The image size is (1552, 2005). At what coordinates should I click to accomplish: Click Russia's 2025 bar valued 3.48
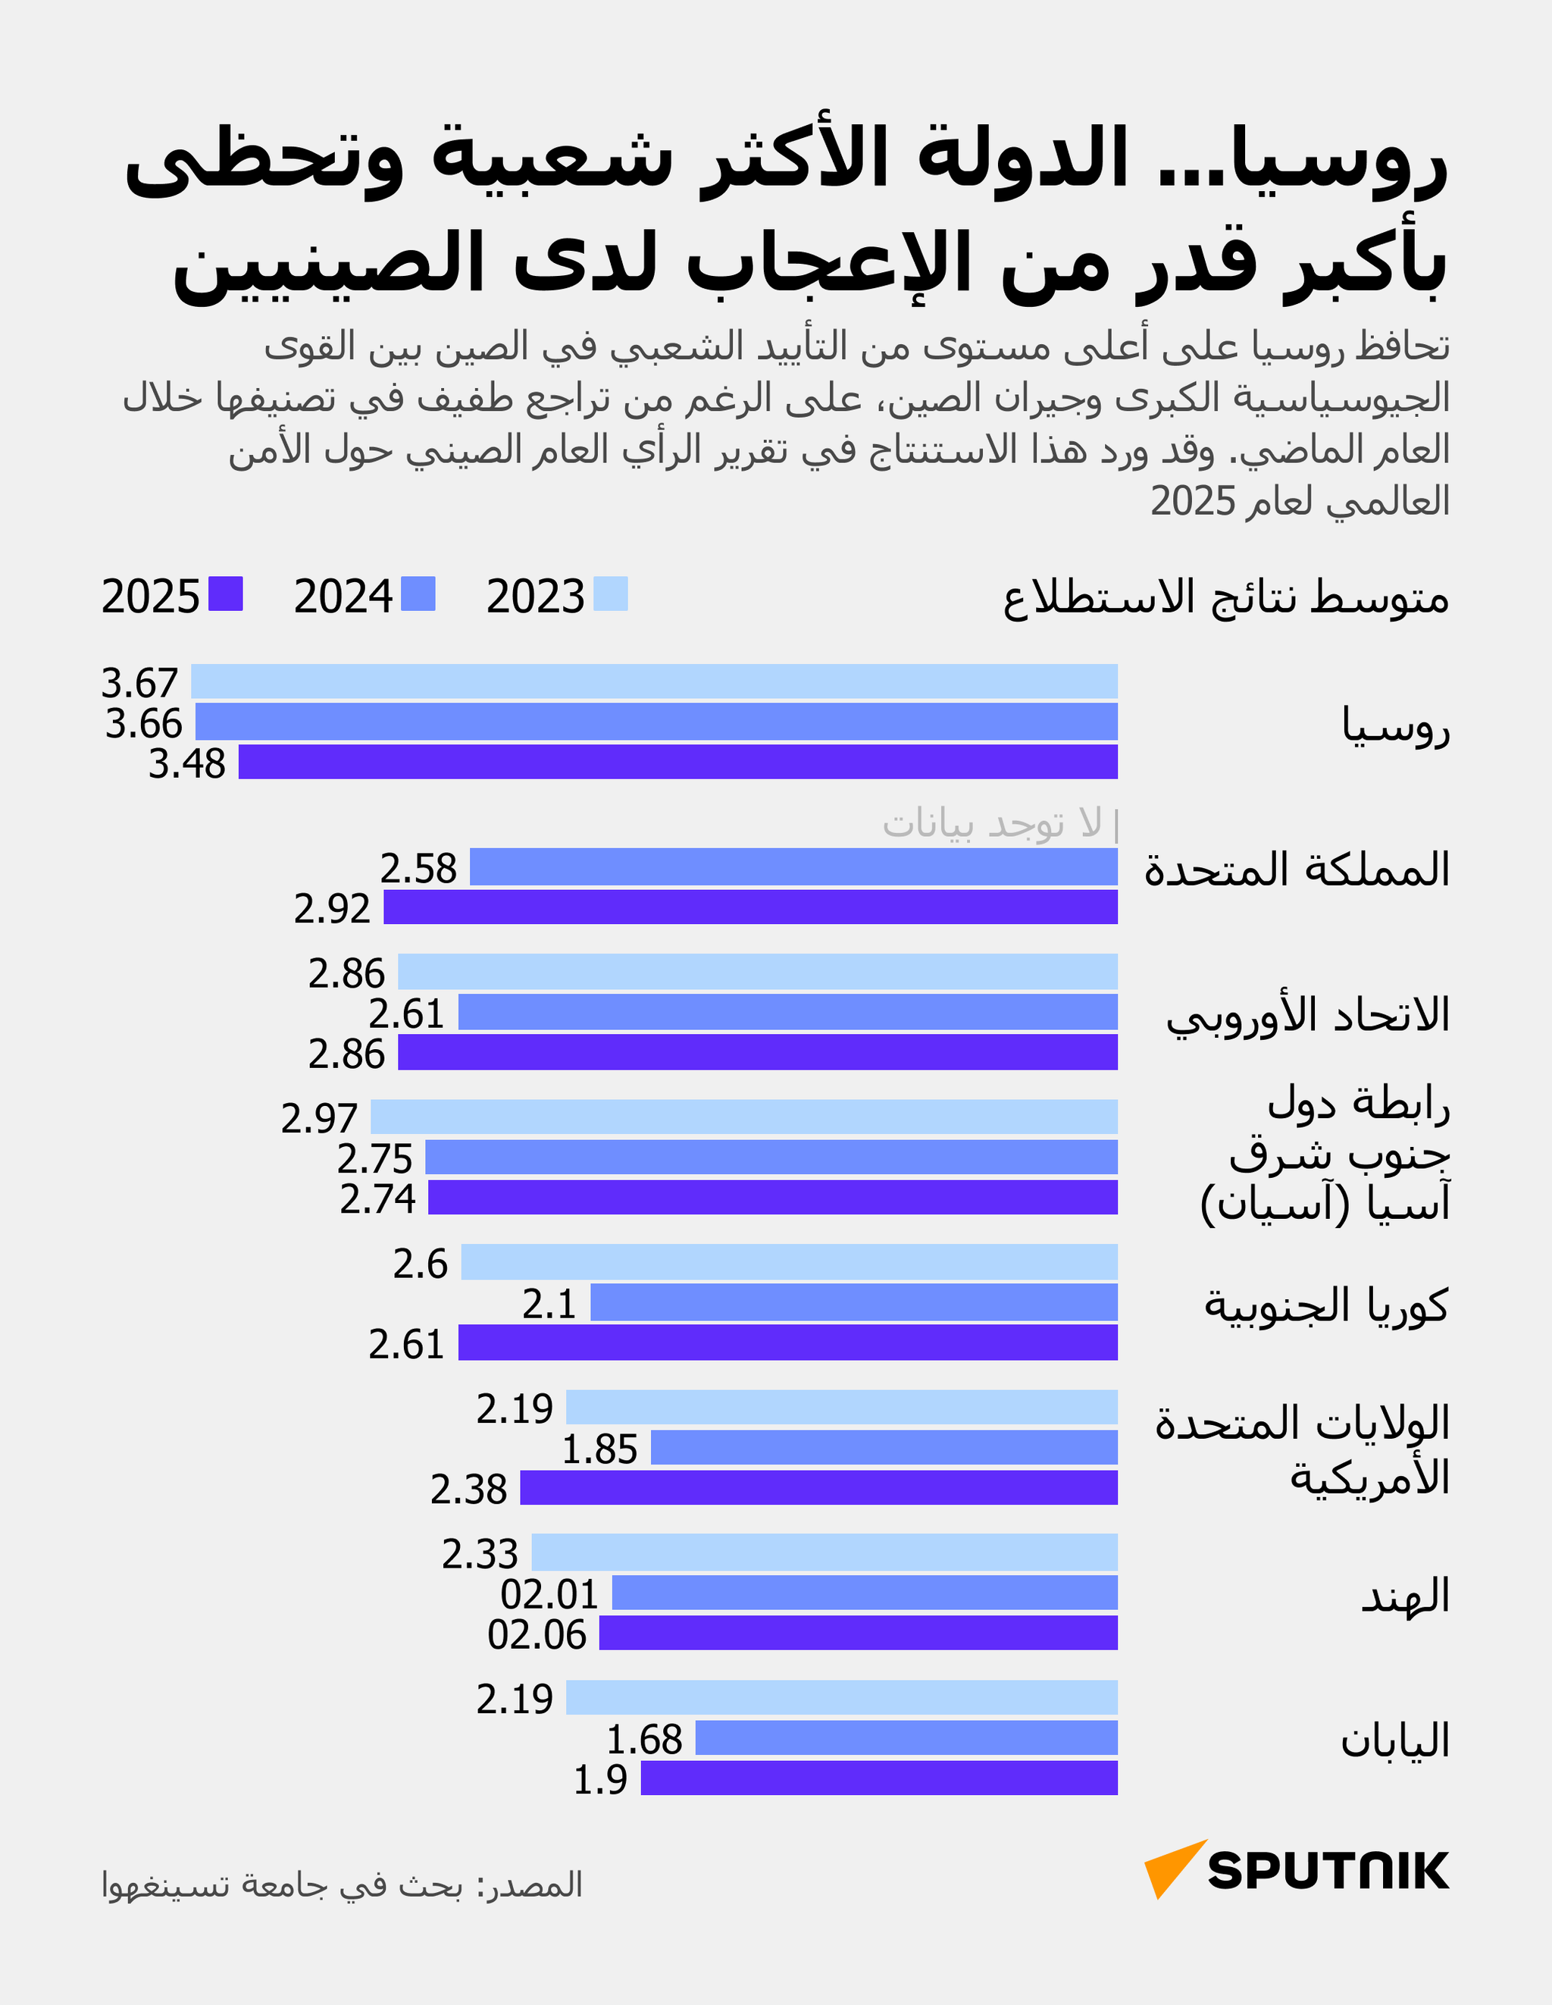[677, 762]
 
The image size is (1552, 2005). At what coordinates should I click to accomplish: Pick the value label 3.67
[139, 683]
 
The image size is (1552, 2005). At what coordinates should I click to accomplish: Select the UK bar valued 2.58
[793, 866]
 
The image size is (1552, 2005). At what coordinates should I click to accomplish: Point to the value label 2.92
[331, 909]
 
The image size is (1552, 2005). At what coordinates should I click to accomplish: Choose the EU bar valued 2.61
[787, 1012]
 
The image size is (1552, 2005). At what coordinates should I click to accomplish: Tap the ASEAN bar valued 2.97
[743, 1117]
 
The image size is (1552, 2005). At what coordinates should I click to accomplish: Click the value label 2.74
[377, 1199]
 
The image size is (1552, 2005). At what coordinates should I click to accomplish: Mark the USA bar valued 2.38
[818, 1487]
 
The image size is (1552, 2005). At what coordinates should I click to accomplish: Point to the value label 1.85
[599, 1449]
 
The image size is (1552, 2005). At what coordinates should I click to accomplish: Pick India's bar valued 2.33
[824, 1552]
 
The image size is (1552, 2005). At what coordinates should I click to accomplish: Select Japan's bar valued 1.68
[906, 1738]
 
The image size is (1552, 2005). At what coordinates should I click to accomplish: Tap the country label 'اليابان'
[1394, 1740]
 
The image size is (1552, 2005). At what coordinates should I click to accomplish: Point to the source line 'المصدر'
[342, 1884]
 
